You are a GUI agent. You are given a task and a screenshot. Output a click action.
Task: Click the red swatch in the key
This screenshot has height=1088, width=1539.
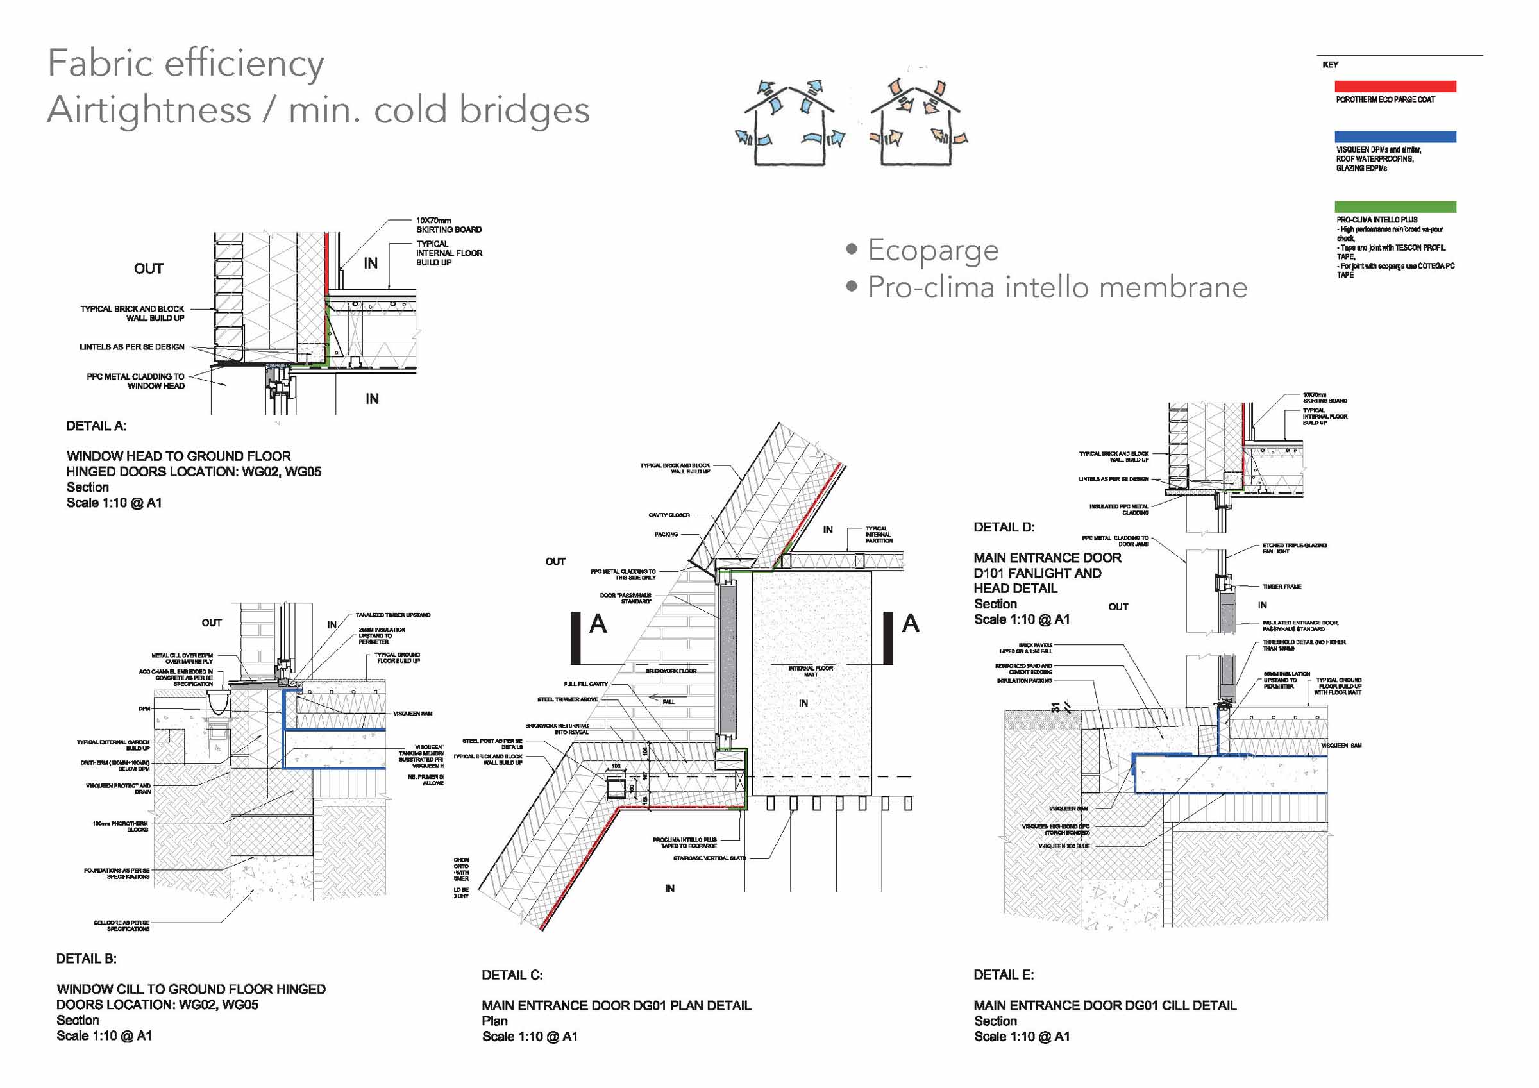click(1395, 87)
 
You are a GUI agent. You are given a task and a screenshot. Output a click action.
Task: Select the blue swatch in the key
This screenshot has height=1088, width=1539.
click(1395, 137)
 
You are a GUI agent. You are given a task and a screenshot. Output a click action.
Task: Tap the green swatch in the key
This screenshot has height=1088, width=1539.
click(1395, 206)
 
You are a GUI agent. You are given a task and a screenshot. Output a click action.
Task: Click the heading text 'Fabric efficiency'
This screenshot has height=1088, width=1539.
click(186, 64)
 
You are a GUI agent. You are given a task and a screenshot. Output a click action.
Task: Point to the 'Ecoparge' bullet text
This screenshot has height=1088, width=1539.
click(932, 250)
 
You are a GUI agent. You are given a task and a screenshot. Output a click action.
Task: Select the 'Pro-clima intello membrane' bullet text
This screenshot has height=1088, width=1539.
click(1057, 288)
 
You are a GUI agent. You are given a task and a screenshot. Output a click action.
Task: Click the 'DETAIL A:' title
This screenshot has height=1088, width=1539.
click(96, 426)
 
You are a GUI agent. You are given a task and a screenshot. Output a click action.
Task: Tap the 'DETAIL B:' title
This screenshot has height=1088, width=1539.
click(86, 958)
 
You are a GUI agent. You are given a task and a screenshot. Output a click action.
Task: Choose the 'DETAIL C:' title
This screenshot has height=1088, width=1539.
click(512, 975)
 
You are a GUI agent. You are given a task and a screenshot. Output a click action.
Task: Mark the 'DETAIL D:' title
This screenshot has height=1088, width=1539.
click(1004, 528)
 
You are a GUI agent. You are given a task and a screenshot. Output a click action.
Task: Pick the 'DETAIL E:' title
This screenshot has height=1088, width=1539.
click(1004, 975)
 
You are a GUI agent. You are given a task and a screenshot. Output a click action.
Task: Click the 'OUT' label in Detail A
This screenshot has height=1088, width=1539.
click(148, 269)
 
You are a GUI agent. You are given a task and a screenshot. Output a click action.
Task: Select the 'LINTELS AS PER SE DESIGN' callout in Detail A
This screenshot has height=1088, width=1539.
click(131, 347)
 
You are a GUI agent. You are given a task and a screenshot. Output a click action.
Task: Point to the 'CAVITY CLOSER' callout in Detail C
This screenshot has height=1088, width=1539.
click(668, 515)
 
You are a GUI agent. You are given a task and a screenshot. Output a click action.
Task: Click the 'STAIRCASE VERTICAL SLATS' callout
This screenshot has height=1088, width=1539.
click(709, 858)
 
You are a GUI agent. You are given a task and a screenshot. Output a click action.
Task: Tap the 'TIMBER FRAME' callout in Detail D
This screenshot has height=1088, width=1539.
click(1282, 587)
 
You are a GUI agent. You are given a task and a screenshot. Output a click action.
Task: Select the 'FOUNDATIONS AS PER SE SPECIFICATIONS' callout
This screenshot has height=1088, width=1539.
click(117, 873)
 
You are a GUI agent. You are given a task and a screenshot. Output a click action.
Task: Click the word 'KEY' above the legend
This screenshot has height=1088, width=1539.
click(1330, 65)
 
